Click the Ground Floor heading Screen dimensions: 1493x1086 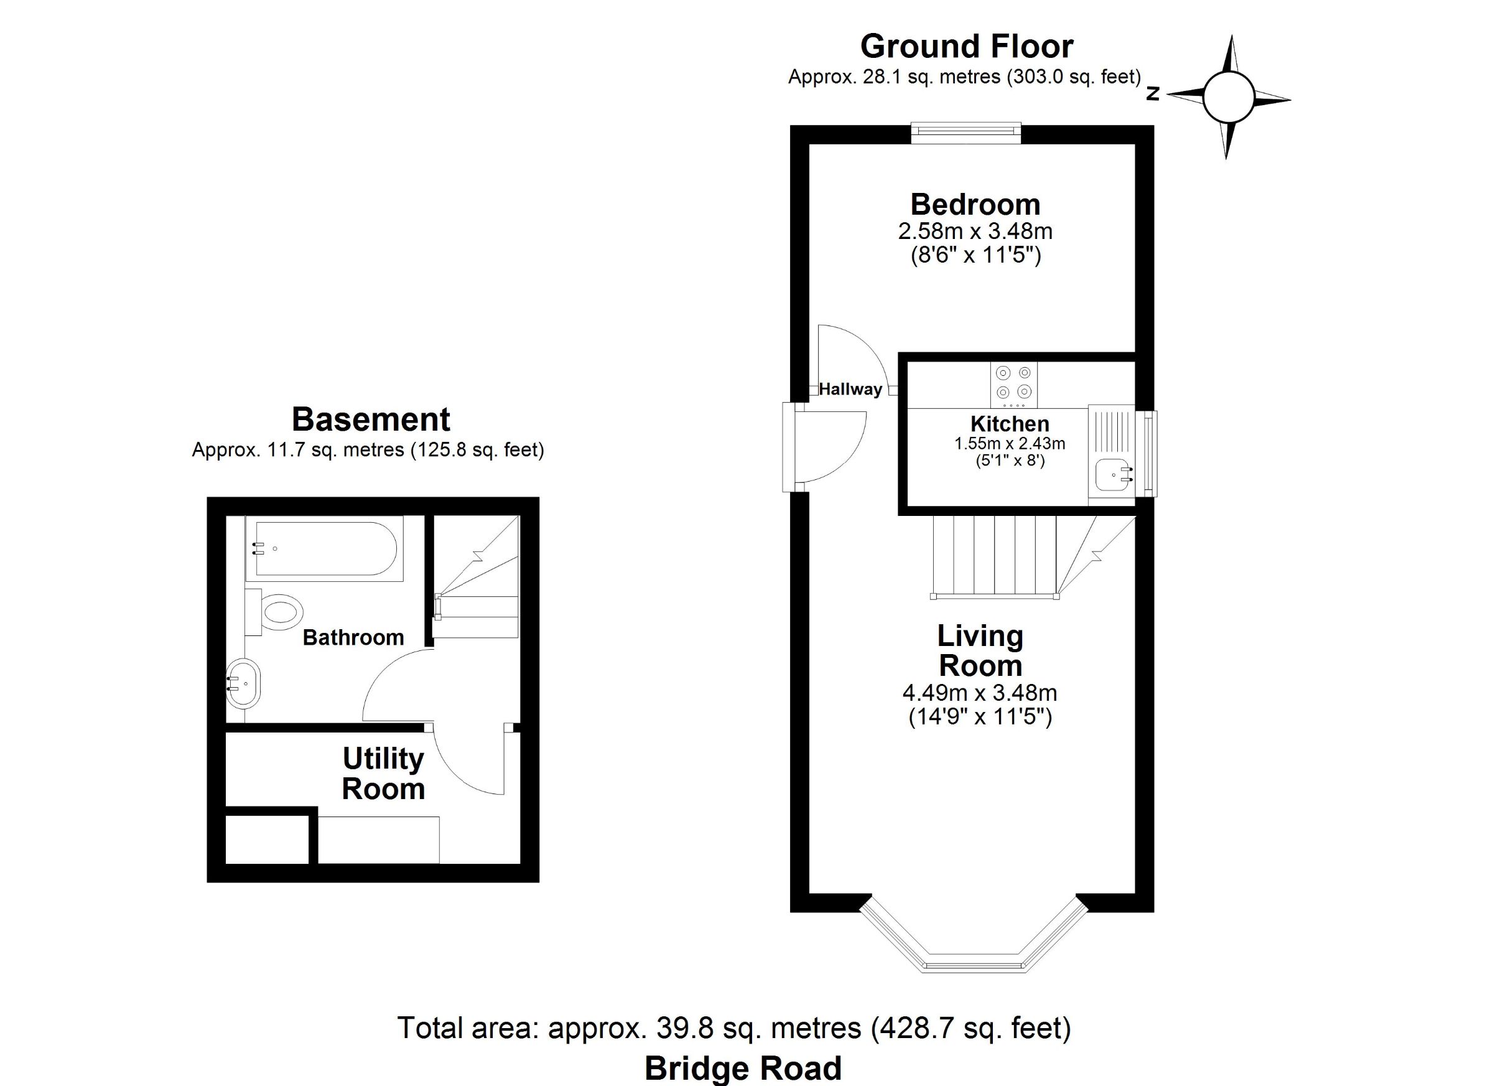(x=966, y=47)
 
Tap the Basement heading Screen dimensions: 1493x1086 (x=371, y=419)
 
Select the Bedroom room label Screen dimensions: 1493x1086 (x=975, y=205)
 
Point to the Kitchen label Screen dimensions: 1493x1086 (x=1010, y=423)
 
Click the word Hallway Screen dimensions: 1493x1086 (x=850, y=389)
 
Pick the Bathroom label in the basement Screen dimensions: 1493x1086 (x=353, y=637)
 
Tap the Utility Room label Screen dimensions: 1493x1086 (x=383, y=774)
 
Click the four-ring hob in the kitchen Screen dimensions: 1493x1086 (x=1014, y=385)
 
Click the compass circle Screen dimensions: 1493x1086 (x=1229, y=98)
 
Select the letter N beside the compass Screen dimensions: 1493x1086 (x=1152, y=93)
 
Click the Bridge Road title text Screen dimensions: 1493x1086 (x=743, y=1068)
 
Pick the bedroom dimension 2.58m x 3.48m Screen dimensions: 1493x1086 (x=975, y=232)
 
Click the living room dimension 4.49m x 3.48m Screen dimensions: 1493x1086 (x=980, y=693)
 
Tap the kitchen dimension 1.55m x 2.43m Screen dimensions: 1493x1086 (x=1010, y=444)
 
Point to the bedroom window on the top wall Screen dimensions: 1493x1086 (x=965, y=133)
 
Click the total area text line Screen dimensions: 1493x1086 (x=734, y=1028)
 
